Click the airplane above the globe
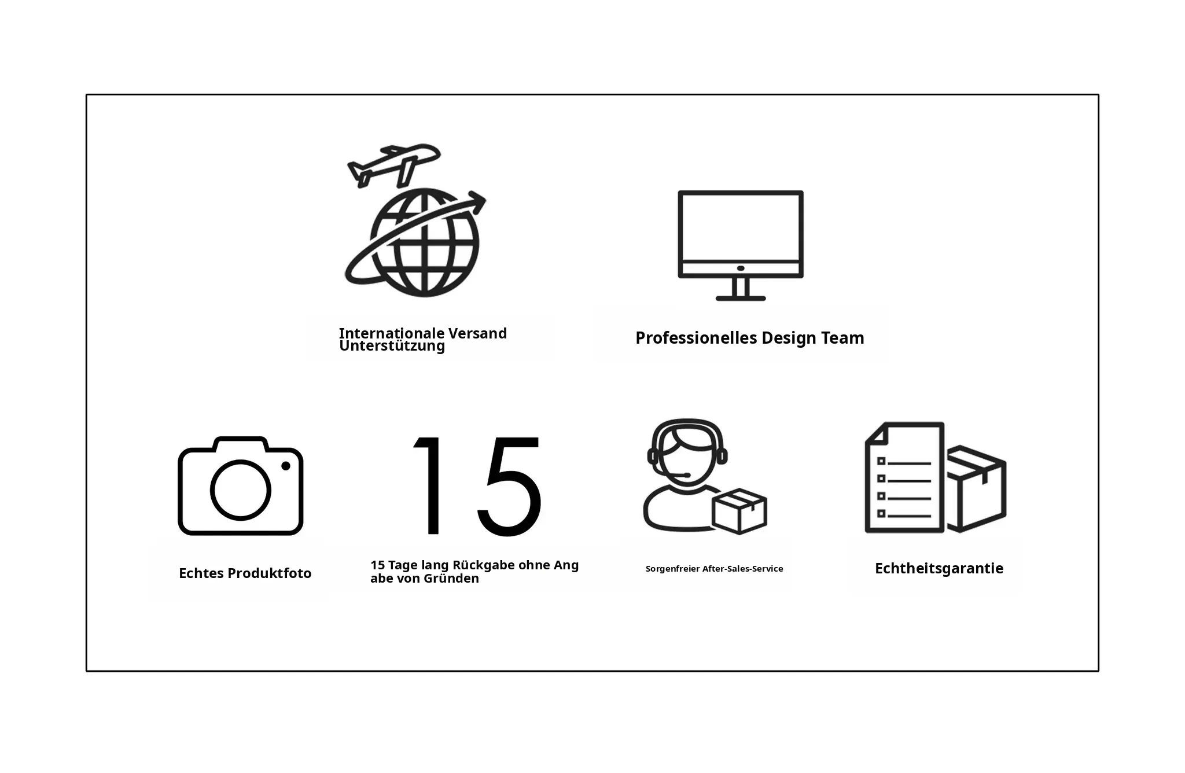click(393, 164)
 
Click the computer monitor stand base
click(741, 298)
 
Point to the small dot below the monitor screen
click(741, 268)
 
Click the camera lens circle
click(240, 489)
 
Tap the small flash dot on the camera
click(285, 466)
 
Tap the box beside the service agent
click(739, 511)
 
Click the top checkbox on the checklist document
click(881, 461)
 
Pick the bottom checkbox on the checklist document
click(881, 513)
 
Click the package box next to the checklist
click(976, 489)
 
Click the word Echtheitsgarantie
click(939, 568)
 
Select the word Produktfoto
click(270, 573)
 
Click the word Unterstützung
click(392, 346)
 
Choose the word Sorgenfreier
click(672, 569)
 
